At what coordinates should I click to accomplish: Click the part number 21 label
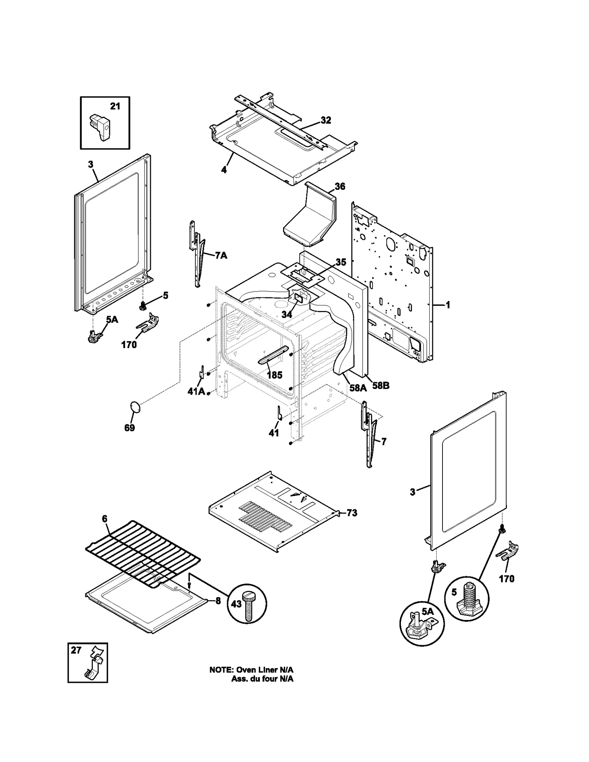tap(115, 106)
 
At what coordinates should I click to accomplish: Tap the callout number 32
tap(326, 120)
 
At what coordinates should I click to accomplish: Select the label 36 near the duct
tap(340, 187)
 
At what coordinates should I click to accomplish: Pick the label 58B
tap(381, 386)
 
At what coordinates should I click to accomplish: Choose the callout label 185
tap(274, 375)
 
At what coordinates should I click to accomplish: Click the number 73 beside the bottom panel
tap(352, 513)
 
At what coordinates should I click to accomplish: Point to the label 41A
tap(196, 391)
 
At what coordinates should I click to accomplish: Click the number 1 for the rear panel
tap(448, 305)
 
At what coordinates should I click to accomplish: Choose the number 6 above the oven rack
tap(105, 519)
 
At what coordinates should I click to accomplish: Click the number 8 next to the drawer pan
tap(218, 601)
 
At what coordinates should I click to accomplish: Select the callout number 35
tap(341, 262)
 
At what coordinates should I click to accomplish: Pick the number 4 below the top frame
tap(224, 170)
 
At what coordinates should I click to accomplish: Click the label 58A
tap(358, 387)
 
